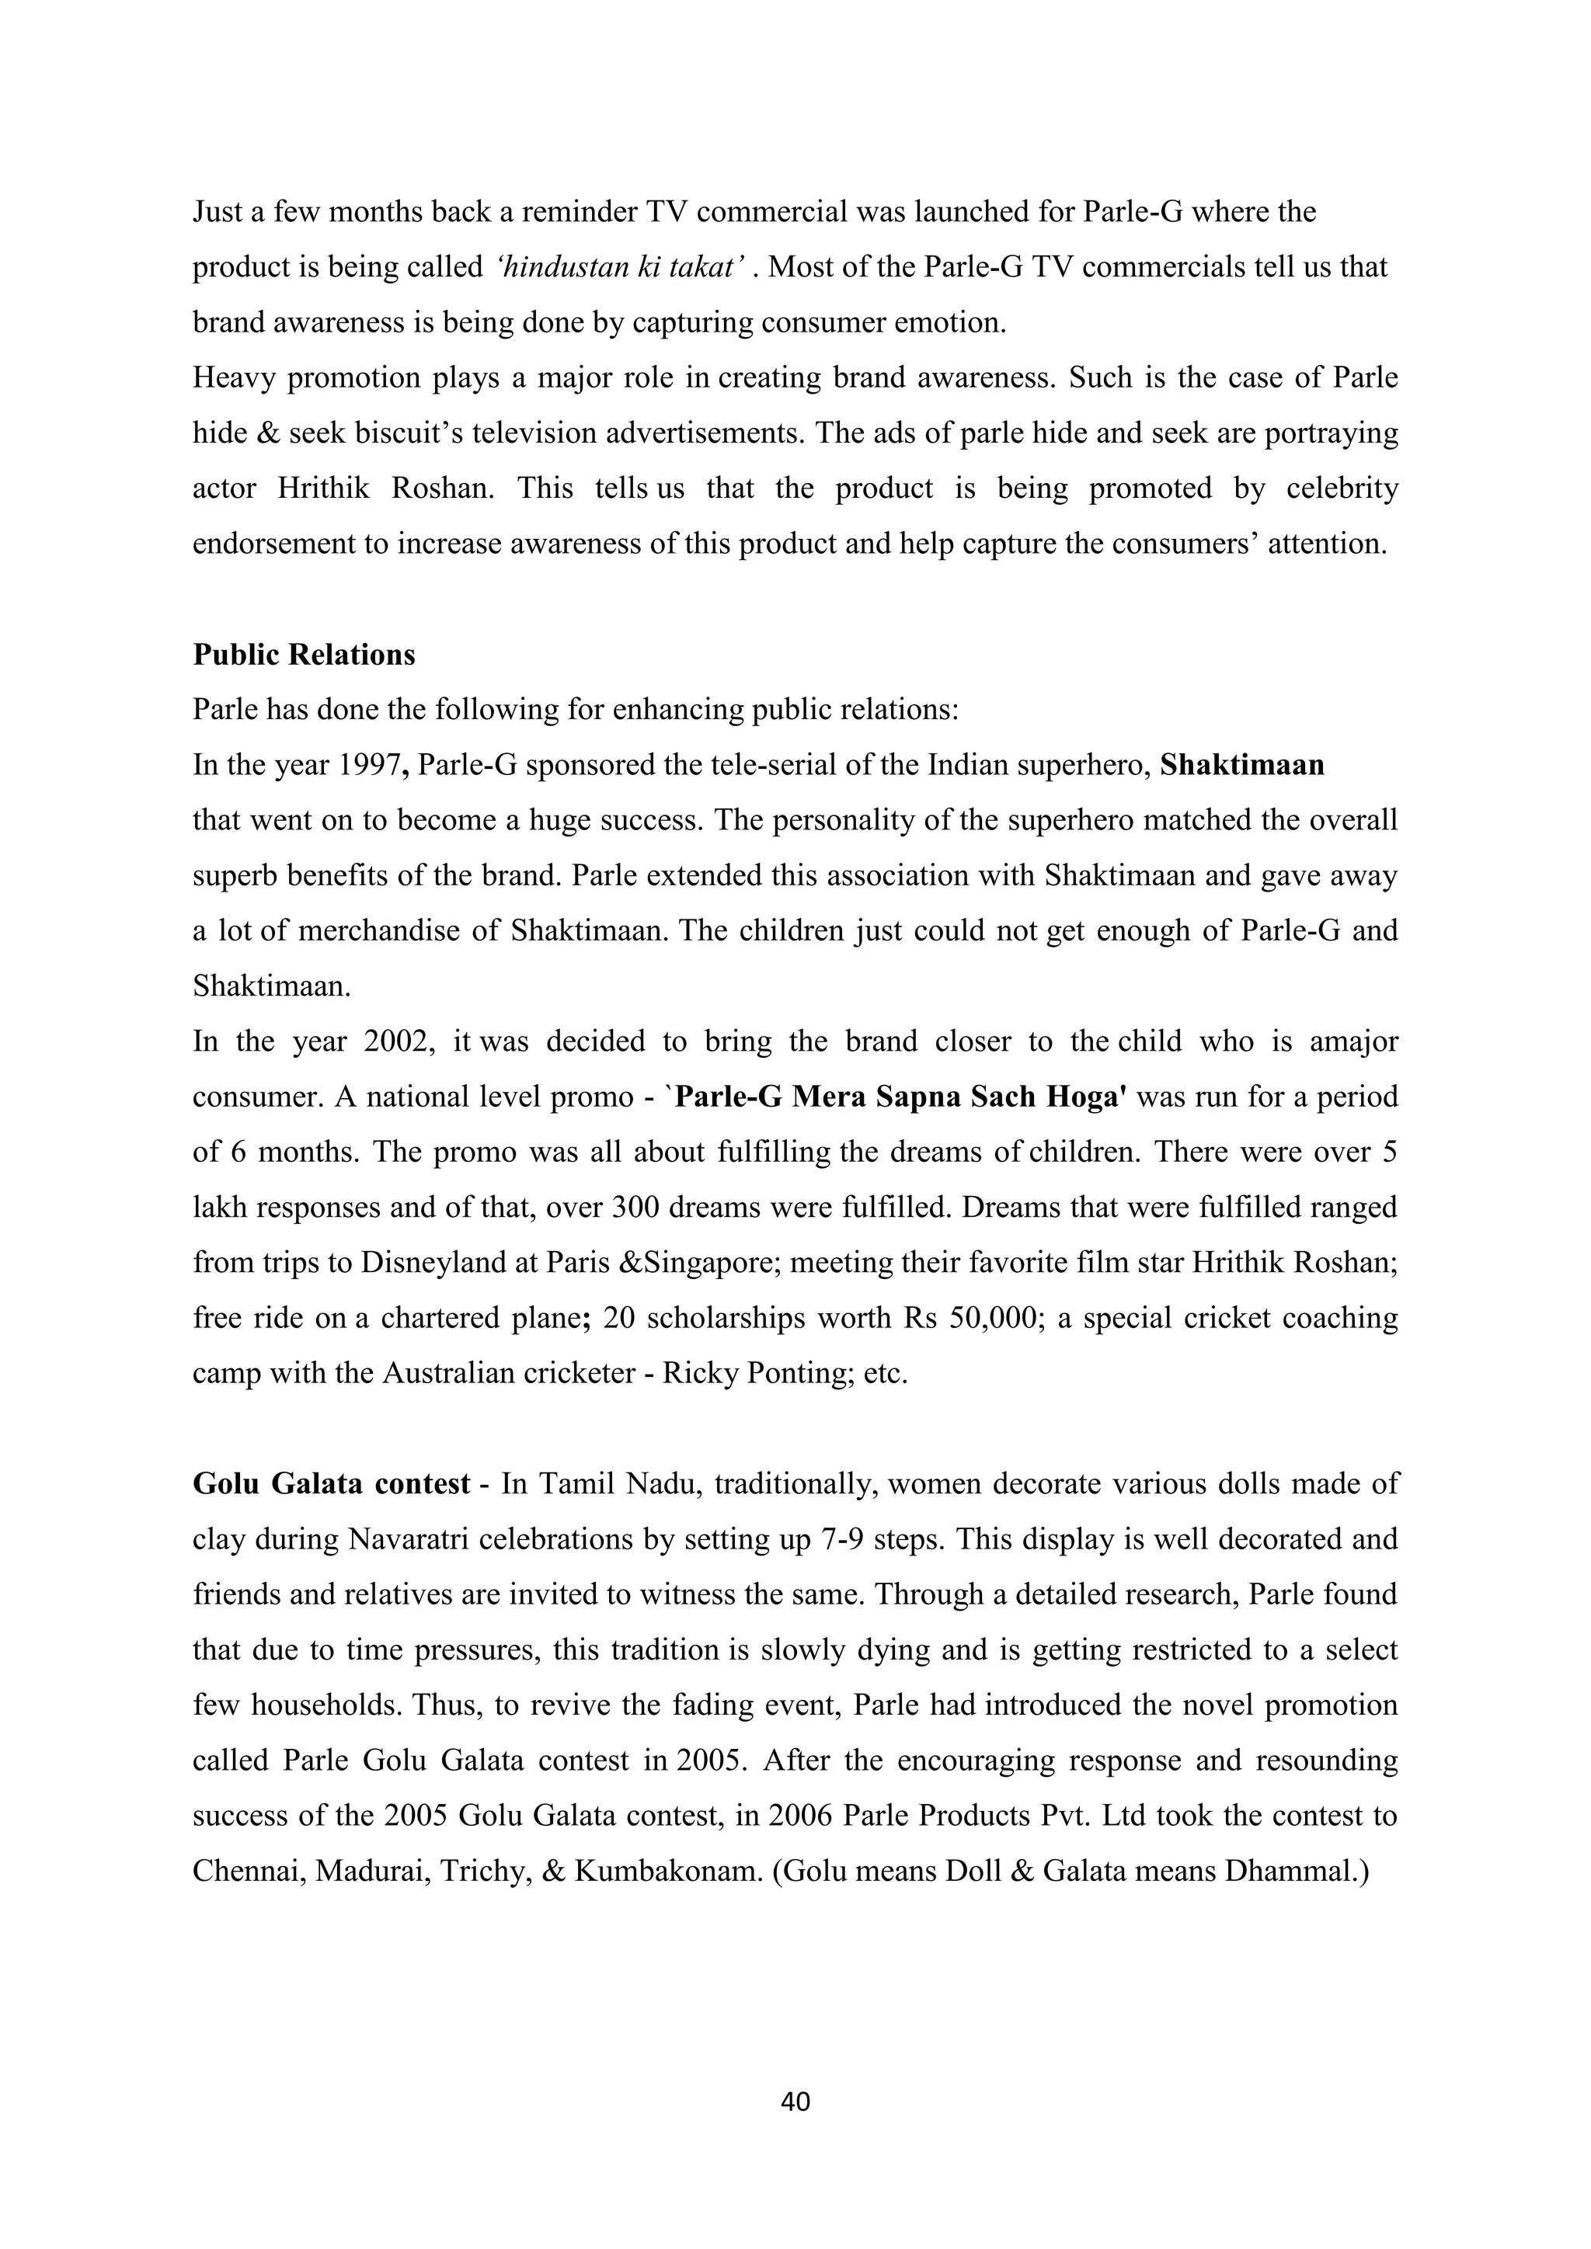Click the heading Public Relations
[x=304, y=655]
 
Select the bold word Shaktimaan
[x=1241, y=765]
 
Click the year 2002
[x=398, y=1041]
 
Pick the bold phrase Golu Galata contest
[x=331, y=1484]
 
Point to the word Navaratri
[x=409, y=1540]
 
